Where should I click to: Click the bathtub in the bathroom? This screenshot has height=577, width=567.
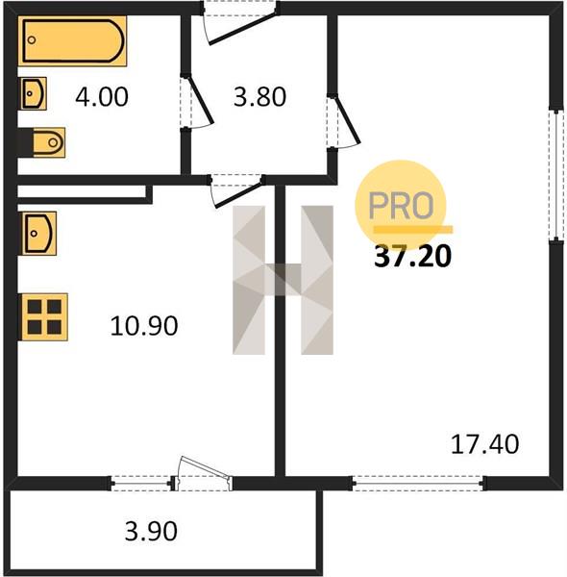click(72, 40)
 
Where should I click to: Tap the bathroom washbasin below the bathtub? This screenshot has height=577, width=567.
click(33, 93)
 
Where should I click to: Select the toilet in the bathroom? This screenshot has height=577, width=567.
click(41, 142)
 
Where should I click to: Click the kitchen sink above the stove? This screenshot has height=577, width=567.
click(38, 234)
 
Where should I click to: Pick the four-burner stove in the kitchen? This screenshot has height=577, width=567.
click(44, 316)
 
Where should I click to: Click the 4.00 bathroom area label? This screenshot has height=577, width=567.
click(102, 97)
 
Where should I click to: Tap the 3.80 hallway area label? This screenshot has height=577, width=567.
click(260, 97)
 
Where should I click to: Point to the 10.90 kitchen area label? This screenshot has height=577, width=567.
click(144, 326)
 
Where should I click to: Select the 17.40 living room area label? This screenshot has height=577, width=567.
click(484, 444)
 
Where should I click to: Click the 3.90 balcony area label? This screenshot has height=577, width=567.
click(151, 531)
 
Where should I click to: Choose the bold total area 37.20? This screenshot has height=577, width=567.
click(412, 257)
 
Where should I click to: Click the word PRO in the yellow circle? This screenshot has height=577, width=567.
click(401, 206)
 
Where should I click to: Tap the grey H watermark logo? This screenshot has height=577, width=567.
click(283, 280)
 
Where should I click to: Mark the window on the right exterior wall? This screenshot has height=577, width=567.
click(556, 175)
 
